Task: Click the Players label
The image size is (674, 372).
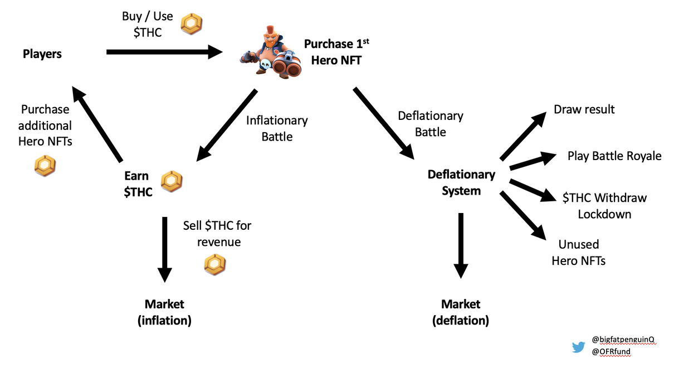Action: click(42, 54)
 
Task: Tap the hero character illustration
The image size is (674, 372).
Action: click(270, 51)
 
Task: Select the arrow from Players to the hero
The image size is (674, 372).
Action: click(164, 52)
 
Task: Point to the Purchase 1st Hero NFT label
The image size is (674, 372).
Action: click(336, 52)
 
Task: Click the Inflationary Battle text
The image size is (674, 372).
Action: click(277, 128)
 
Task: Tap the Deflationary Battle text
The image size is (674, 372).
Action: click(430, 124)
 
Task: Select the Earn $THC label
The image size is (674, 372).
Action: click(138, 185)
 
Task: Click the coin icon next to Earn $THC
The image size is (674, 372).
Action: click(172, 181)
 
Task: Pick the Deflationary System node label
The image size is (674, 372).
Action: click(461, 182)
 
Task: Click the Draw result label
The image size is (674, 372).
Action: click(584, 109)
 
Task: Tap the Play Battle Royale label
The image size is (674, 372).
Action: click(614, 156)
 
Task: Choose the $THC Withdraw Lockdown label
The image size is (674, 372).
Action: click(604, 206)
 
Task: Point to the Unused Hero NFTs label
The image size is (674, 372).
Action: click(578, 252)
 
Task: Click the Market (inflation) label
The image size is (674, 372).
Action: click(164, 312)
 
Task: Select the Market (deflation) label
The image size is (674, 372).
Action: click(461, 312)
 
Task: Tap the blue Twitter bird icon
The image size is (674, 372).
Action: click(578, 347)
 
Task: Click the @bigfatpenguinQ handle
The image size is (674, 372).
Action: click(623, 340)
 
